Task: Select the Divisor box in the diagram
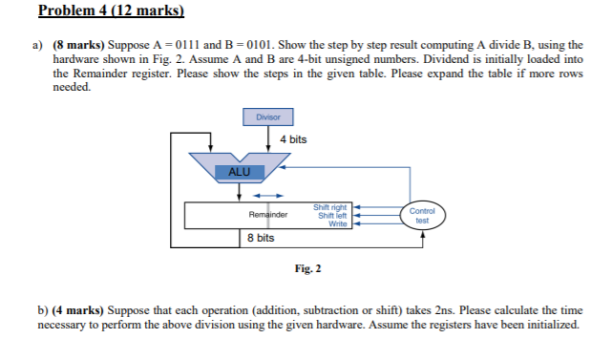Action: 268,117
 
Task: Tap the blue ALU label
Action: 239,171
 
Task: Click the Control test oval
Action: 422,215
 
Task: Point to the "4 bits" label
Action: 293,140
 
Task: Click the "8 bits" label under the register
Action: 261,237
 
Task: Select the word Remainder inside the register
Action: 267,215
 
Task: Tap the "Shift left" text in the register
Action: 332,215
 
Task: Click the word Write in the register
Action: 337,223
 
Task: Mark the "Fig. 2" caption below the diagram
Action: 306,268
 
